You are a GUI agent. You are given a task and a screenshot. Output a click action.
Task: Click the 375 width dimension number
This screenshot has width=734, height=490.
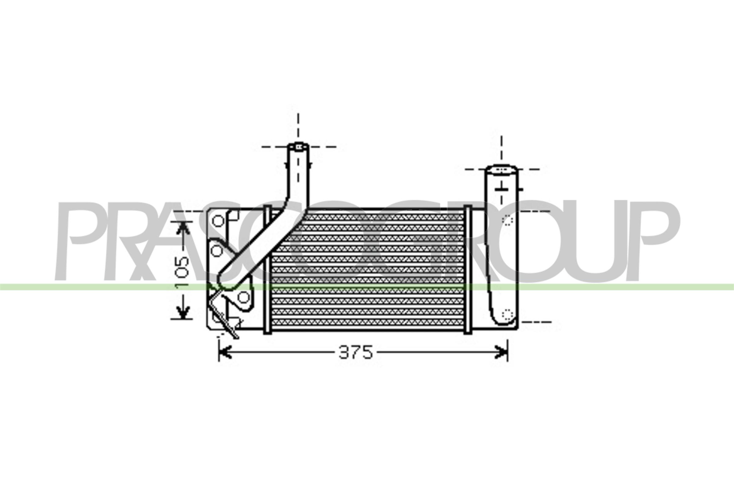click(356, 352)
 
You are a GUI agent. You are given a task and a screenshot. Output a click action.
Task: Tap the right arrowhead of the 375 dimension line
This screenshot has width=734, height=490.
click(502, 352)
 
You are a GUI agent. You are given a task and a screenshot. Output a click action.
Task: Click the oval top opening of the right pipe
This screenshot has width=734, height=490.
click(501, 170)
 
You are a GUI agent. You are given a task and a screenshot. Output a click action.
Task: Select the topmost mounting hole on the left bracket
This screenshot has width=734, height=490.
click(218, 221)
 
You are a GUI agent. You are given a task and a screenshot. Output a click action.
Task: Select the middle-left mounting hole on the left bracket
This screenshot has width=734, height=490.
click(216, 250)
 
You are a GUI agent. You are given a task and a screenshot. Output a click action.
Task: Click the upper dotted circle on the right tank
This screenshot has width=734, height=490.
click(507, 220)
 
